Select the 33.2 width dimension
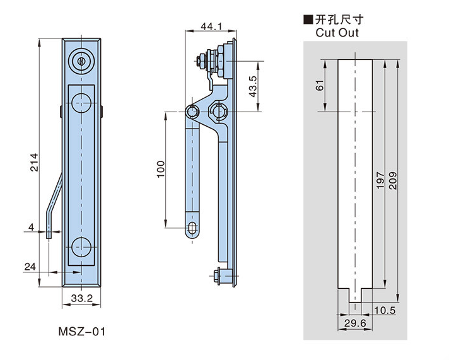pyautogui.click(x=83, y=299)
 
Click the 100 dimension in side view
pyautogui.click(x=160, y=167)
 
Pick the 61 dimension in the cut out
pyautogui.click(x=320, y=84)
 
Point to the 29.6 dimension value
pyautogui.click(x=355, y=323)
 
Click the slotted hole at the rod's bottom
pyautogui.click(x=193, y=228)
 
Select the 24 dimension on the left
pyautogui.click(x=30, y=267)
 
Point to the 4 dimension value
pyautogui.click(x=30, y=227)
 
